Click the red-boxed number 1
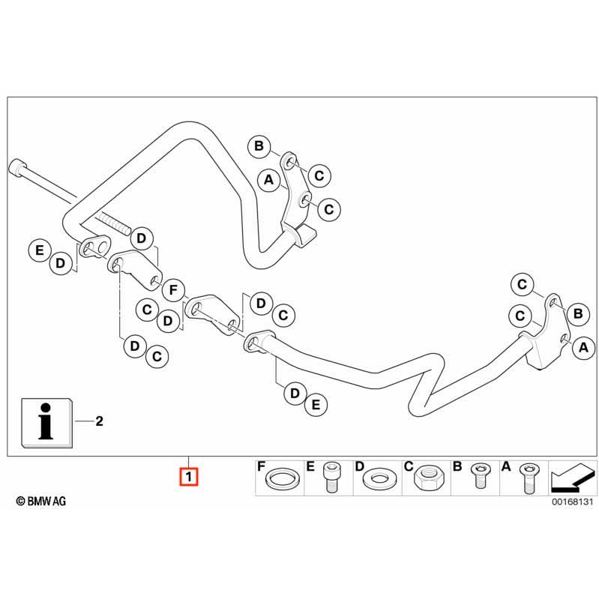click(188, 476)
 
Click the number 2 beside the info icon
click(99, 422)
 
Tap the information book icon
click(46, 424)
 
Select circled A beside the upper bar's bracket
click(268, 179)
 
